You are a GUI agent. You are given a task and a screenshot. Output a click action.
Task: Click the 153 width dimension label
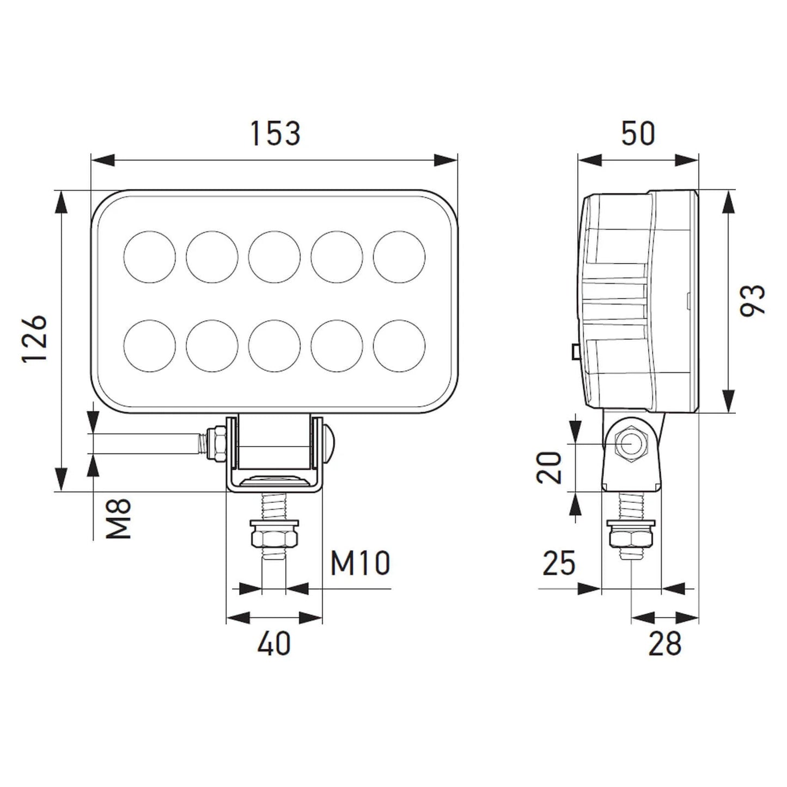[x=275, y=134]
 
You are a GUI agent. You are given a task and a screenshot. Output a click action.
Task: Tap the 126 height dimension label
[x=34, y=339]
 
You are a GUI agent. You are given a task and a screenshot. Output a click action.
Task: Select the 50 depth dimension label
[x=638, y=134]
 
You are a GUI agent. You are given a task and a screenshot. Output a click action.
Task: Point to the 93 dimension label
[x=753, y=300]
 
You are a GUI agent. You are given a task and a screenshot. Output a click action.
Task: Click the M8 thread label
[x=119, y=518]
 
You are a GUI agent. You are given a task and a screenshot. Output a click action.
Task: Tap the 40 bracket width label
[x=274, y=644]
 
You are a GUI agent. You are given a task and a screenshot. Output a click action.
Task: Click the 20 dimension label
[x=550, y=467]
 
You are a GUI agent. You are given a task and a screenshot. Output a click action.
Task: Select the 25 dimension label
[x=559, y=563]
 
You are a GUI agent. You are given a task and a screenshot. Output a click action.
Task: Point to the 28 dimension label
[x=664, y=644]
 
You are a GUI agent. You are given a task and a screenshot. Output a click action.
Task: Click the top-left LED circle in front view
[x=150, y=257]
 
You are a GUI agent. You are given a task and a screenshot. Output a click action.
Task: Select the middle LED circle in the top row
[x=274, y=257]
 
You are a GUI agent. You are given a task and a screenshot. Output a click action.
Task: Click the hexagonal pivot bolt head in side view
[x=630, y=444]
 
